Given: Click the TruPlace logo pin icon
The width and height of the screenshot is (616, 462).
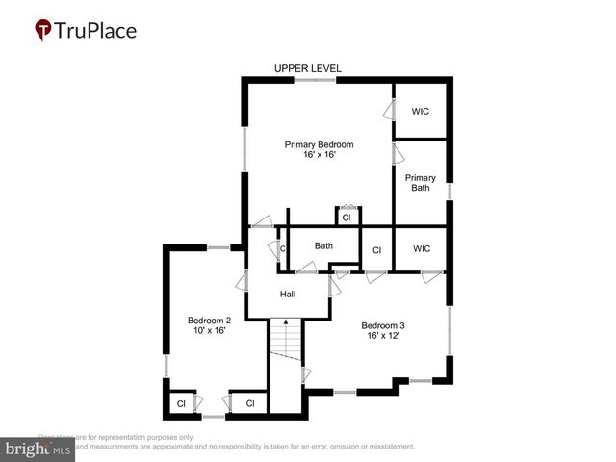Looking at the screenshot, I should pos(43,31).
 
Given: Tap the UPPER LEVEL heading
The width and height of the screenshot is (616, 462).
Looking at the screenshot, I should pos(307,68).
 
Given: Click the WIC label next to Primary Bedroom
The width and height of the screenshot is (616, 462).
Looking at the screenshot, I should pos(420,112).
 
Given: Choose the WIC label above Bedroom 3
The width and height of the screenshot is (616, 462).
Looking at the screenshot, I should pos(421,249).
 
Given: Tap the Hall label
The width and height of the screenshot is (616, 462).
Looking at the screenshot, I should pos(288,295).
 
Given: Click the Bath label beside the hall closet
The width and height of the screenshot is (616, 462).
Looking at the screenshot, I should pos(323,246).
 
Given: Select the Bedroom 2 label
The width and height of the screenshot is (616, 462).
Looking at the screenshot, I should pos(209,321).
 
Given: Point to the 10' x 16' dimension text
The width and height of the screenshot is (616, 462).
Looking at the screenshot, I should pos(209,331).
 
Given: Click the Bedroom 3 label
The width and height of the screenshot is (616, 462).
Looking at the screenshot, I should pos(383,324).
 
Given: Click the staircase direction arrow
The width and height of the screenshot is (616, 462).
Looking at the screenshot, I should pos(285,323).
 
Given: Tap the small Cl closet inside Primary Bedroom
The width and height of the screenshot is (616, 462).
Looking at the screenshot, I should pos(346,218).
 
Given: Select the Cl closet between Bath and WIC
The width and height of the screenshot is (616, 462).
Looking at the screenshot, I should pos(377,250).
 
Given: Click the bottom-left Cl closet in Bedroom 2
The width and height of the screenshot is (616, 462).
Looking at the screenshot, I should pos(181,403).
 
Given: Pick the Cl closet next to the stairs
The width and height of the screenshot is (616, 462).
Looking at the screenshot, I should pos(249,403).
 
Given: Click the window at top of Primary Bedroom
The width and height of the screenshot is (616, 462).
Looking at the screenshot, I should pos(315,81).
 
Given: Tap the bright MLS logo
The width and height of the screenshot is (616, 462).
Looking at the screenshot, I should pos(38,449).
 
